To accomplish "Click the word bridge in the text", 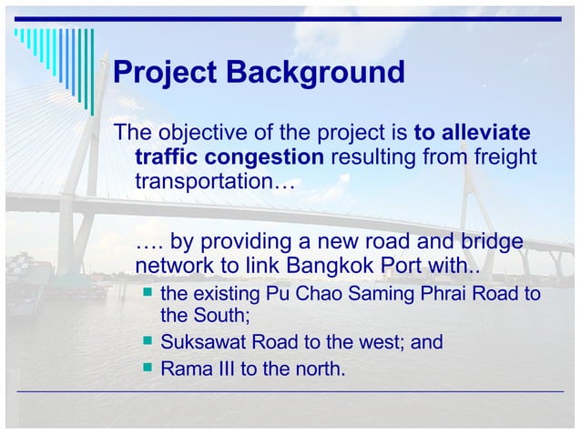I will [492, 242].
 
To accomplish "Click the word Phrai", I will [446, 296].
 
